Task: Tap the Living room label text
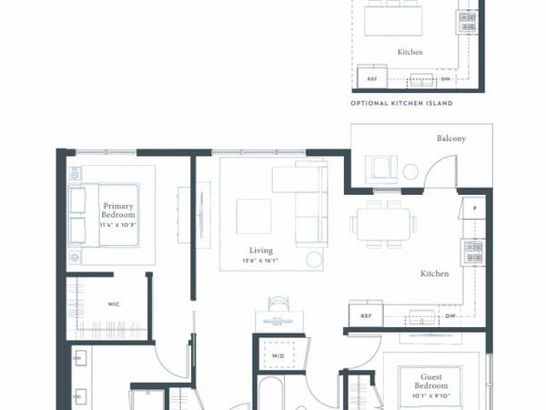point(262,251)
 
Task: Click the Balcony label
point(450,138)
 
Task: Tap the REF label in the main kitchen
point(366,316)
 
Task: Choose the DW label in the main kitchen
point(450,316)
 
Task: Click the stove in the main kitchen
point(472,250)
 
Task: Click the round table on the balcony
point(410,170)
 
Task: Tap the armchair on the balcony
point(379,169)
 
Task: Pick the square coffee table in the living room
point(253,216)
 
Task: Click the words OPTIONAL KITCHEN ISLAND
point(401,104)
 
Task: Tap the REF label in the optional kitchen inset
point(371,79)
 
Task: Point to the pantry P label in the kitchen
point(473,209)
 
